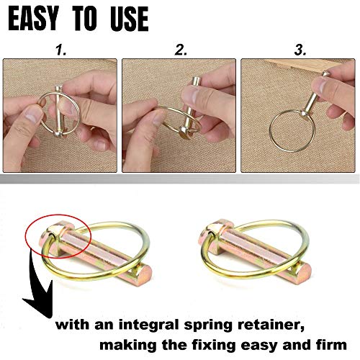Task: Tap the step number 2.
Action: pos(181,50)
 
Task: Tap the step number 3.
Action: pos(299,50)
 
